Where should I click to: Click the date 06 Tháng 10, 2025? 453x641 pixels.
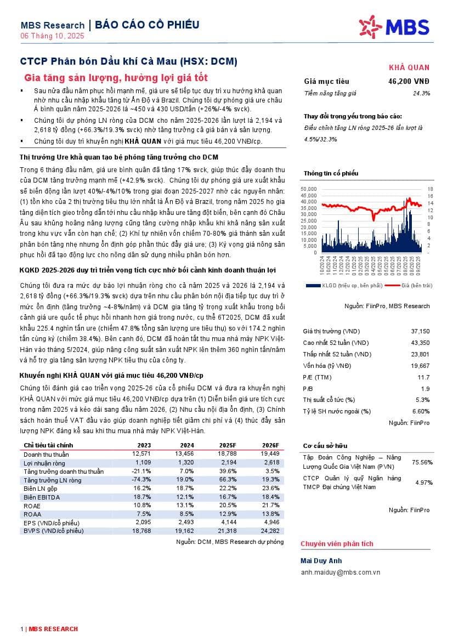(x=52, y=36)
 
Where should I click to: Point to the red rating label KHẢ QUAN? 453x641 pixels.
(x=409, y=67)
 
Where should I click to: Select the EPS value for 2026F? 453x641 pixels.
(x=270, y=523)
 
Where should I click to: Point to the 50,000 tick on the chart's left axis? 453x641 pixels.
(x=309, y=189)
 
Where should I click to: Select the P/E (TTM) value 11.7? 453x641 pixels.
(x=423, y=377)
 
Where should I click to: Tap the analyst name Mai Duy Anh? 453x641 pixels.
(x=321, y=561)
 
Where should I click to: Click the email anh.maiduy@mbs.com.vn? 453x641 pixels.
(x=341, y=572)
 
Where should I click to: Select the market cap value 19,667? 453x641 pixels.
(x=421, y=366)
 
